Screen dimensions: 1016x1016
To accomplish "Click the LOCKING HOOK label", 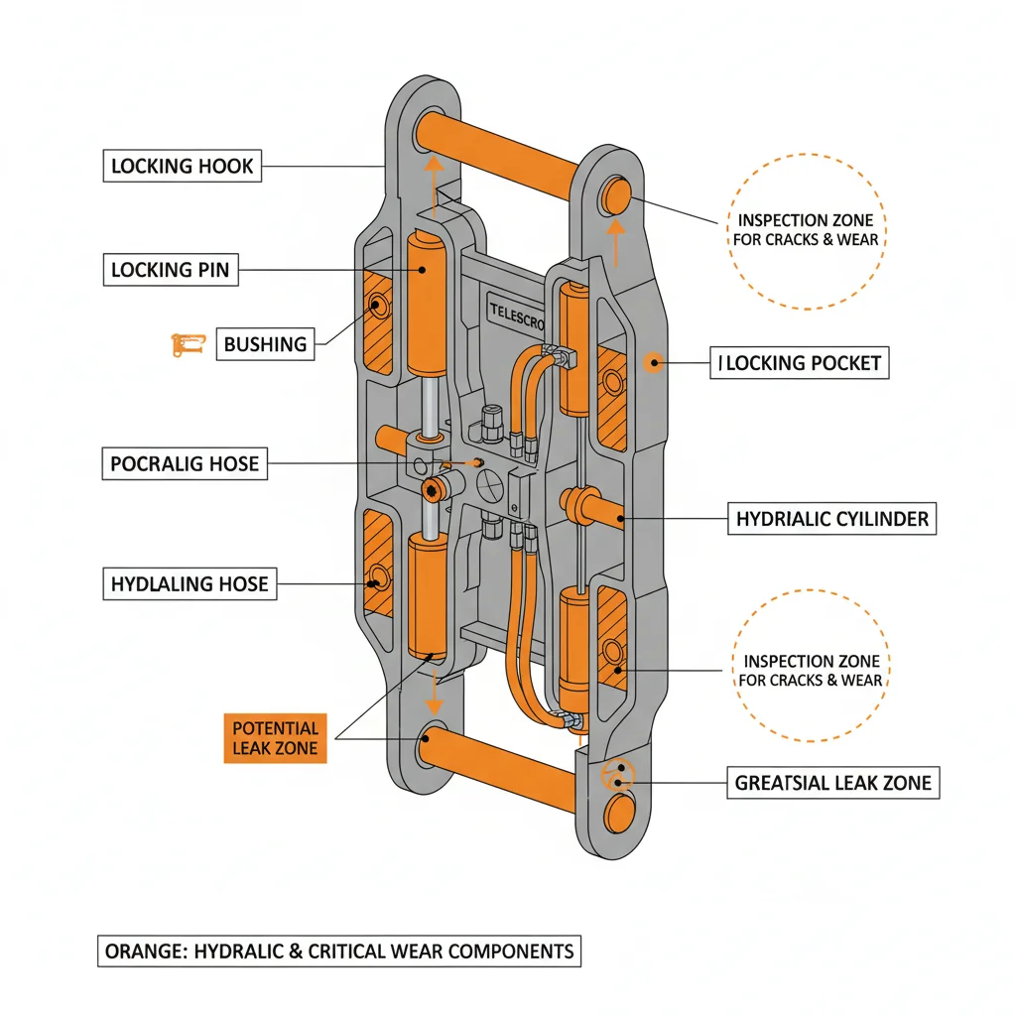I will click(x=182, y=166).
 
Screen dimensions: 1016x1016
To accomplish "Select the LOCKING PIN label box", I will click(x=171, y=269).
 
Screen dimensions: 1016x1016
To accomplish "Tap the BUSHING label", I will click(x=265, y=344).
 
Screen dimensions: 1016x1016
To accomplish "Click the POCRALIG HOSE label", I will click(x=185, y=463).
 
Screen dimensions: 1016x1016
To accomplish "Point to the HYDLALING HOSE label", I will click(x=190, y=583).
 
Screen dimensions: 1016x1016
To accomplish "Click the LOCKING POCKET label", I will click(x=801, y=363).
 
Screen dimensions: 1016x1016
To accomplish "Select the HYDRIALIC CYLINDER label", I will click(x=832, y=518).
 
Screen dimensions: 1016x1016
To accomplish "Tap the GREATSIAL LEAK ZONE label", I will click(x=832, y=783).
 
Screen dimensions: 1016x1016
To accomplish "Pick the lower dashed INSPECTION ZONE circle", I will click(x=811, y=671).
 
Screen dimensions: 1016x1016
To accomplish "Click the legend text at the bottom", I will click(x=338, y=951).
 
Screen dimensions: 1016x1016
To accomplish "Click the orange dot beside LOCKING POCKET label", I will click(x=653, y=363).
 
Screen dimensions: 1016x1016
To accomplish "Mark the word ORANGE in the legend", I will click(x=142, y=951).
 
